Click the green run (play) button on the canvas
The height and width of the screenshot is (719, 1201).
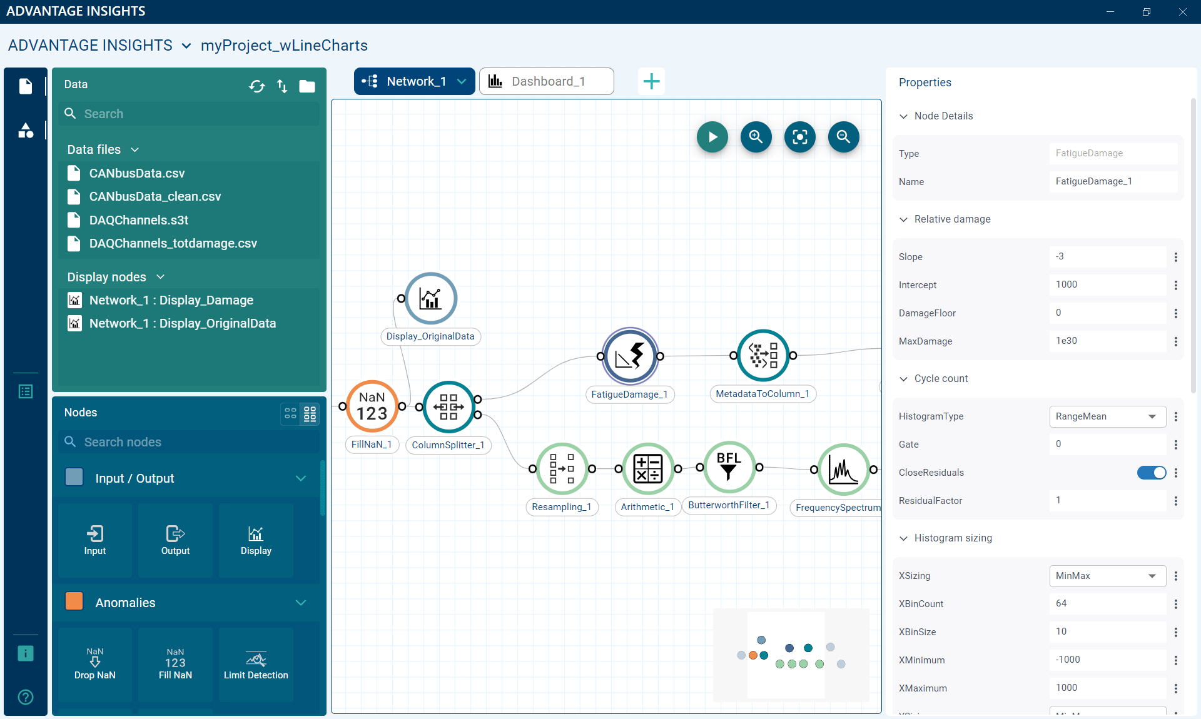point(712,137)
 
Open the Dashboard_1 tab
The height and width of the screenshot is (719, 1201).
point(546,81)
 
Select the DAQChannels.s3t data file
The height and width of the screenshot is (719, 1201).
point(138,220)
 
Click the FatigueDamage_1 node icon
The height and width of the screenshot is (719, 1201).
point(630,356)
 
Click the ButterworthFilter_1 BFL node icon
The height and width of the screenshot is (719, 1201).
point(729,468)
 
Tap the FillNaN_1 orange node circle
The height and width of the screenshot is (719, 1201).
point(372,406)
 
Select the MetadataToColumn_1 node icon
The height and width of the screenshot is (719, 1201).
point(763,355)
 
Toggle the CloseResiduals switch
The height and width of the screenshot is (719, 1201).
point(1152,473)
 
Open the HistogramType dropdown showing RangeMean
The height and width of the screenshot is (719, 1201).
point(1107,416)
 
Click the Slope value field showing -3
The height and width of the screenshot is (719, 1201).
point(1107,256)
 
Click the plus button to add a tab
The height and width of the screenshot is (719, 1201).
point(651,81)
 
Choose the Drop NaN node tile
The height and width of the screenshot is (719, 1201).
point(95,665)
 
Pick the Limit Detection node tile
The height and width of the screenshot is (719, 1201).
point(256,665)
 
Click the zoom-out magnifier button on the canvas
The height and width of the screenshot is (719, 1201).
point(843,137)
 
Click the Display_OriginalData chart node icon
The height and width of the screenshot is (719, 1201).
point(431,298)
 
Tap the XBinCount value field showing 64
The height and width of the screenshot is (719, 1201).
point(1107,603)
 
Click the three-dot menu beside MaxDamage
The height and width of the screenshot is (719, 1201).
point(1176,341)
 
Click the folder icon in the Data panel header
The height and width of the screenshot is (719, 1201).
point(307,86)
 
